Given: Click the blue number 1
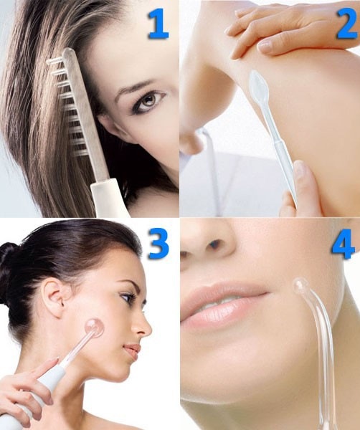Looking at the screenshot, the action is pos(158,24).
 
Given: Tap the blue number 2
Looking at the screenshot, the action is pos(348,24).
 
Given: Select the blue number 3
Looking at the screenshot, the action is pos(158,244).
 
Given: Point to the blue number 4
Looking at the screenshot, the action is pos(343,244).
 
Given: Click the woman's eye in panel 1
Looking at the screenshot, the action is pos(148,101).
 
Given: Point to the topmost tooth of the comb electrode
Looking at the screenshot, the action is pos(54,62).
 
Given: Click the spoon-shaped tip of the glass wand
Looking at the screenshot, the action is pos(257,82).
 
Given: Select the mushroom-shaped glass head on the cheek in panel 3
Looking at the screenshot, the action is pos(94,329).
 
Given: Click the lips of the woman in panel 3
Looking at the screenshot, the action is pos(133,350).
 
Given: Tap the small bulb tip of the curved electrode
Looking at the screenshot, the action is pos(300,285).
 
